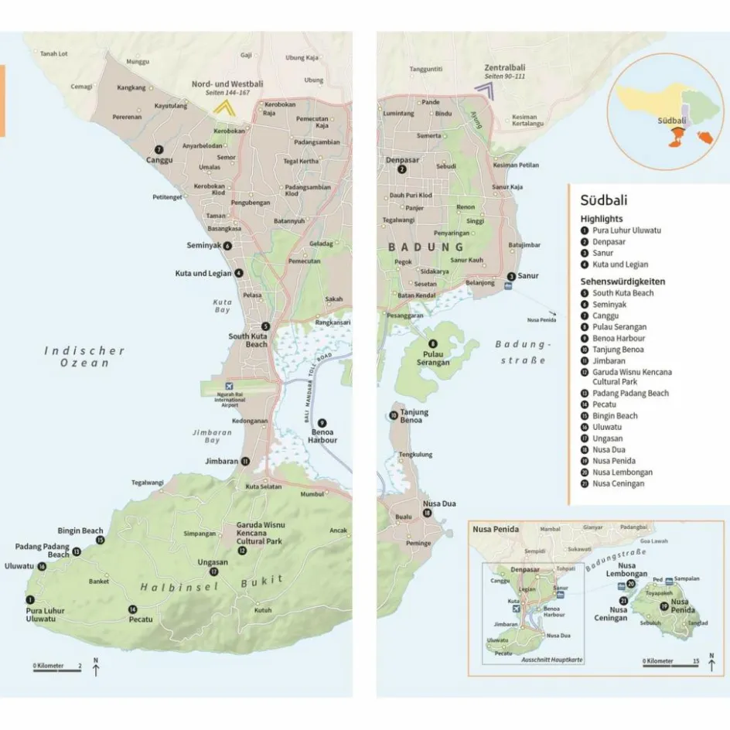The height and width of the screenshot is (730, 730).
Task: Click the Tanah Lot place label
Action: coord(54,53)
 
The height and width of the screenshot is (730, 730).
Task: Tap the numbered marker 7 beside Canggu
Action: coord(159,149)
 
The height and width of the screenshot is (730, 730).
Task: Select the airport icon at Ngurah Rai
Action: coord(228,386)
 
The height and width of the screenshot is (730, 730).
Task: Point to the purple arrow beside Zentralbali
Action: coord(486,90)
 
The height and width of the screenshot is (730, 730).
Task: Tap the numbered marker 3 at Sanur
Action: coord(511,276)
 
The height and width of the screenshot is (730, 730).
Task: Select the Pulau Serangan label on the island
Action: coord(432,358)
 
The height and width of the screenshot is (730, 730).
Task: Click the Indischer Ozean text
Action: coord(84,356)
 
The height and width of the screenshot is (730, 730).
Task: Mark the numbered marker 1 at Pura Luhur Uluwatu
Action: coord(30,599)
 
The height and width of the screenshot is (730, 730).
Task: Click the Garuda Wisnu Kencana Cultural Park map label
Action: coord(258,533)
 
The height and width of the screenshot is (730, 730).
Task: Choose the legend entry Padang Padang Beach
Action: coord(630,393)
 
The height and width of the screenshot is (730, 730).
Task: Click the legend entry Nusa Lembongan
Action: coord(622,472)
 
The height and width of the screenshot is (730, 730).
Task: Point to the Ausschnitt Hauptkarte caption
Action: coord(552,660)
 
